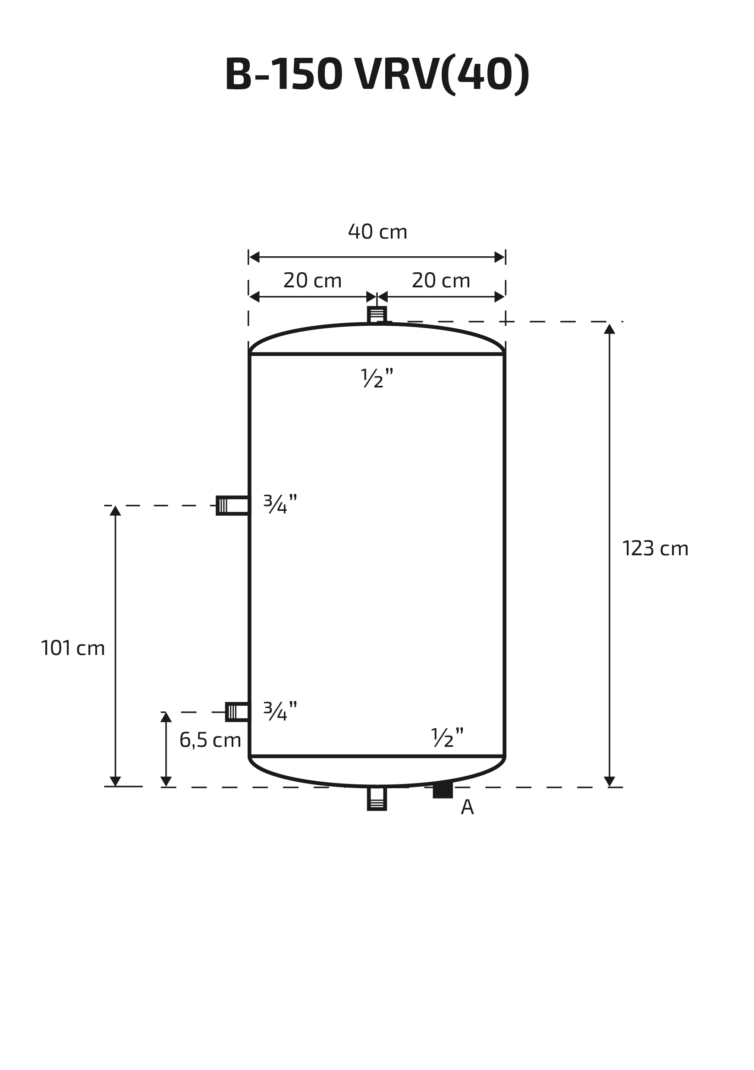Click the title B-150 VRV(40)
[x=377, y=75]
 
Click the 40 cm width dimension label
[x=377, y=232]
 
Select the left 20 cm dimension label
[x=312, y=280]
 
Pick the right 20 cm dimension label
[x=441, y=280]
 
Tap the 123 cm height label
[x=655, y=548]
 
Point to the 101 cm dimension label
[x=73, y=648]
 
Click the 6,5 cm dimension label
[x=210, y=740]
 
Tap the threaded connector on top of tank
[x=377, y=315]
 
